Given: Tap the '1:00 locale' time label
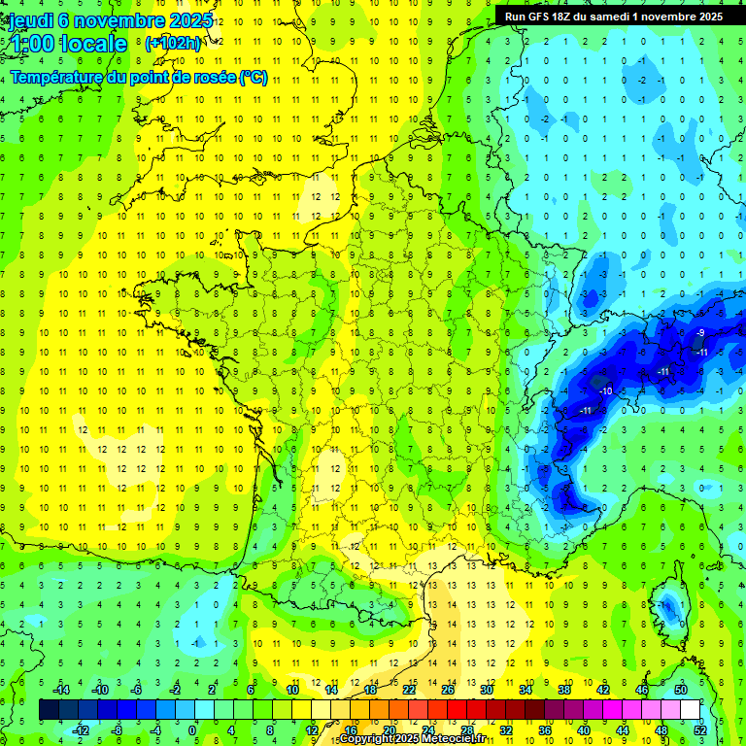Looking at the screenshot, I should click(68, 44).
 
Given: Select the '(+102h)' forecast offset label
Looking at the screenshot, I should click(172, 43).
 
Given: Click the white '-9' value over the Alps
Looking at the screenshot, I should click(700, 334).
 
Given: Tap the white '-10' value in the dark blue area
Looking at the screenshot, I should click(605, 390).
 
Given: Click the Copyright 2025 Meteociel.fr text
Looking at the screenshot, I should click(412, 739).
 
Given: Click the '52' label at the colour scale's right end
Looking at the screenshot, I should click(699, 730).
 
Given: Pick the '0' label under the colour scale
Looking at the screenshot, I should click(191, 730).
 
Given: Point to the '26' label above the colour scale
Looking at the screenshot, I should click(448, 690).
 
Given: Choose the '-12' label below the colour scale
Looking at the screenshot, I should click(82, 730).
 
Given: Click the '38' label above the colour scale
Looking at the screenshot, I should click(564, 690).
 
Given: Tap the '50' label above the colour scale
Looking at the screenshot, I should click(680, 690).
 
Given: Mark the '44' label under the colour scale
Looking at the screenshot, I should click(623, 730).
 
